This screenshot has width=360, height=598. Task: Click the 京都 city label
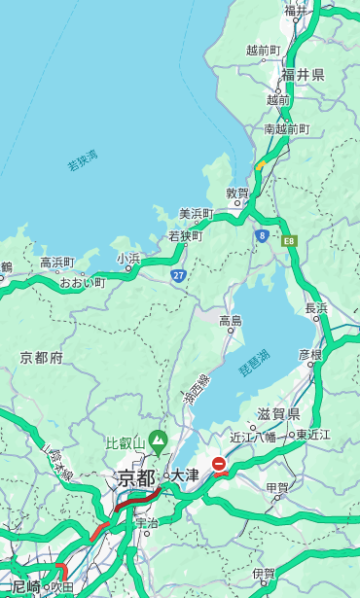[136, 477]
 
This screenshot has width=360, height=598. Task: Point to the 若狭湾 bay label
[82, 159]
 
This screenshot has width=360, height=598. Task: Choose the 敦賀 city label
[236, 193]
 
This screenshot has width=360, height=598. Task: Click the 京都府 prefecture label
[42, 358]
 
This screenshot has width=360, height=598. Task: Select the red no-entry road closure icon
[220, 465]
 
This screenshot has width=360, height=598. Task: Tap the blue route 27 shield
[178, 276]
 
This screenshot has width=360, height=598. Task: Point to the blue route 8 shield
[262, 235]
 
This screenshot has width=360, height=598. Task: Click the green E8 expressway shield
[289, 239]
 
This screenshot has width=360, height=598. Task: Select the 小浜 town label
[128, 259]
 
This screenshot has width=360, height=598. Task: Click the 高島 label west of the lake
[231, 321]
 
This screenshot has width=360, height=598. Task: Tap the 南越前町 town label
[286, 129]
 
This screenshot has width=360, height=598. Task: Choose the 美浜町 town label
[196, 214]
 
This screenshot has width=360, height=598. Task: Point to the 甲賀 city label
[277, 488]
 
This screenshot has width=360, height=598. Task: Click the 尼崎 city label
[26, 586]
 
